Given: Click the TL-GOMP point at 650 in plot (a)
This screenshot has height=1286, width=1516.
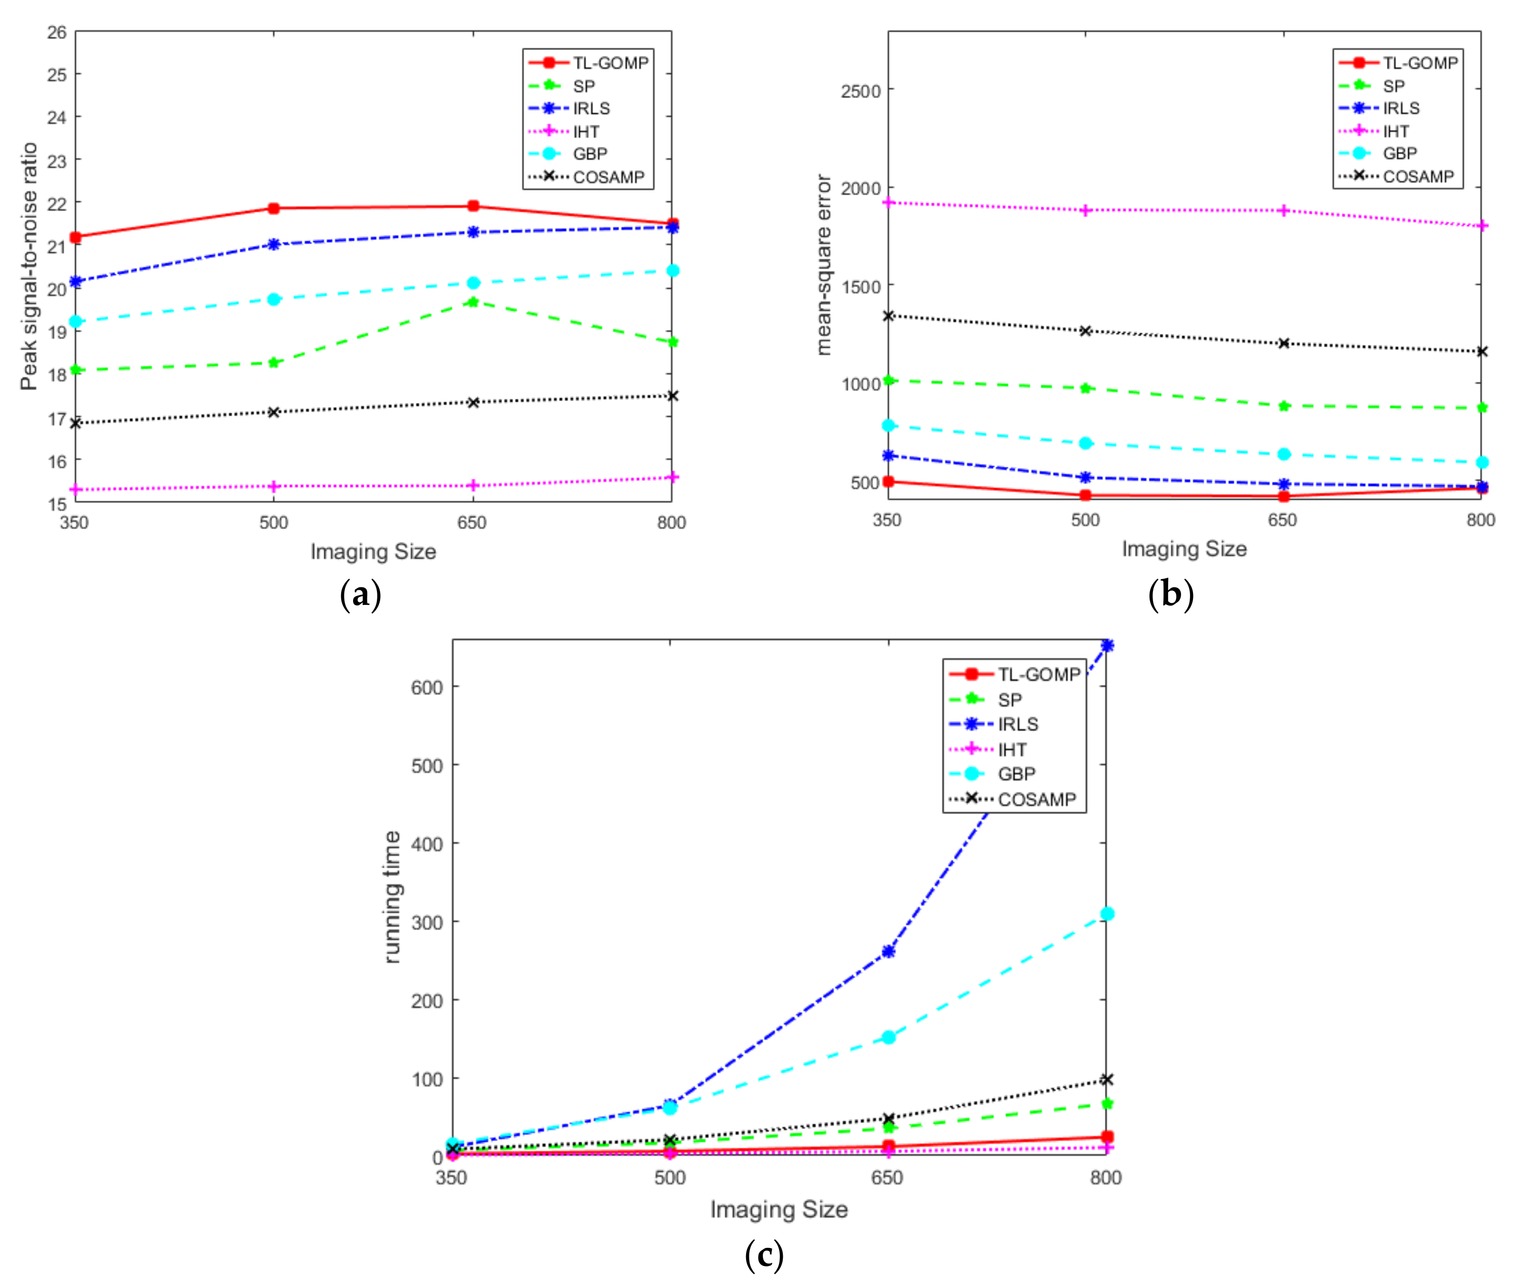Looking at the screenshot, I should pos(473,206).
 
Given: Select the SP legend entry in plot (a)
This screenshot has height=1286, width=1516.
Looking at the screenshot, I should pos(583,86).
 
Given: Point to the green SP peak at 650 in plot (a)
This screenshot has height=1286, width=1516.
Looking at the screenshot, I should pos(473,301).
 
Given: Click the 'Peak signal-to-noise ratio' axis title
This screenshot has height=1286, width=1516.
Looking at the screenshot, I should pos(29,266).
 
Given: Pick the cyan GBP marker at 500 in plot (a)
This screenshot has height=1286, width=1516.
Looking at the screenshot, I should pos(273,299).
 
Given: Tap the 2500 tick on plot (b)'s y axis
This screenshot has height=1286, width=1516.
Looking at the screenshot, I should pos(860,91).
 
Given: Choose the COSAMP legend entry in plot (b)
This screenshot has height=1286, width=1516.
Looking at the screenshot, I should pos(1417,176).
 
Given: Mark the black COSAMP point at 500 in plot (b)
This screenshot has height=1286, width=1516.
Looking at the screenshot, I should pos(1085,331).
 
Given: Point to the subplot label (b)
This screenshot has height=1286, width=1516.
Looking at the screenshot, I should pos(1171,593).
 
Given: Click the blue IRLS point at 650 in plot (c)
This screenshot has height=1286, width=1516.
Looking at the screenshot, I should pos(888,951).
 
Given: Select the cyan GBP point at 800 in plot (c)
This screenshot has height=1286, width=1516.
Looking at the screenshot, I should pos(1106,914).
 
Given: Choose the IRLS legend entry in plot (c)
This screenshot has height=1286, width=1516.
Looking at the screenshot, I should pos(1017,724).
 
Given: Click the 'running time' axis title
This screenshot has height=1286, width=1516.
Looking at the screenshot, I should pos(392,897).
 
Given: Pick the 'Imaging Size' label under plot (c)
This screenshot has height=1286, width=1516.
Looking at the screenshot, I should pos(779,1209).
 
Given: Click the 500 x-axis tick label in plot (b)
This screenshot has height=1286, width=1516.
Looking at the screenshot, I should pos(1085,520).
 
